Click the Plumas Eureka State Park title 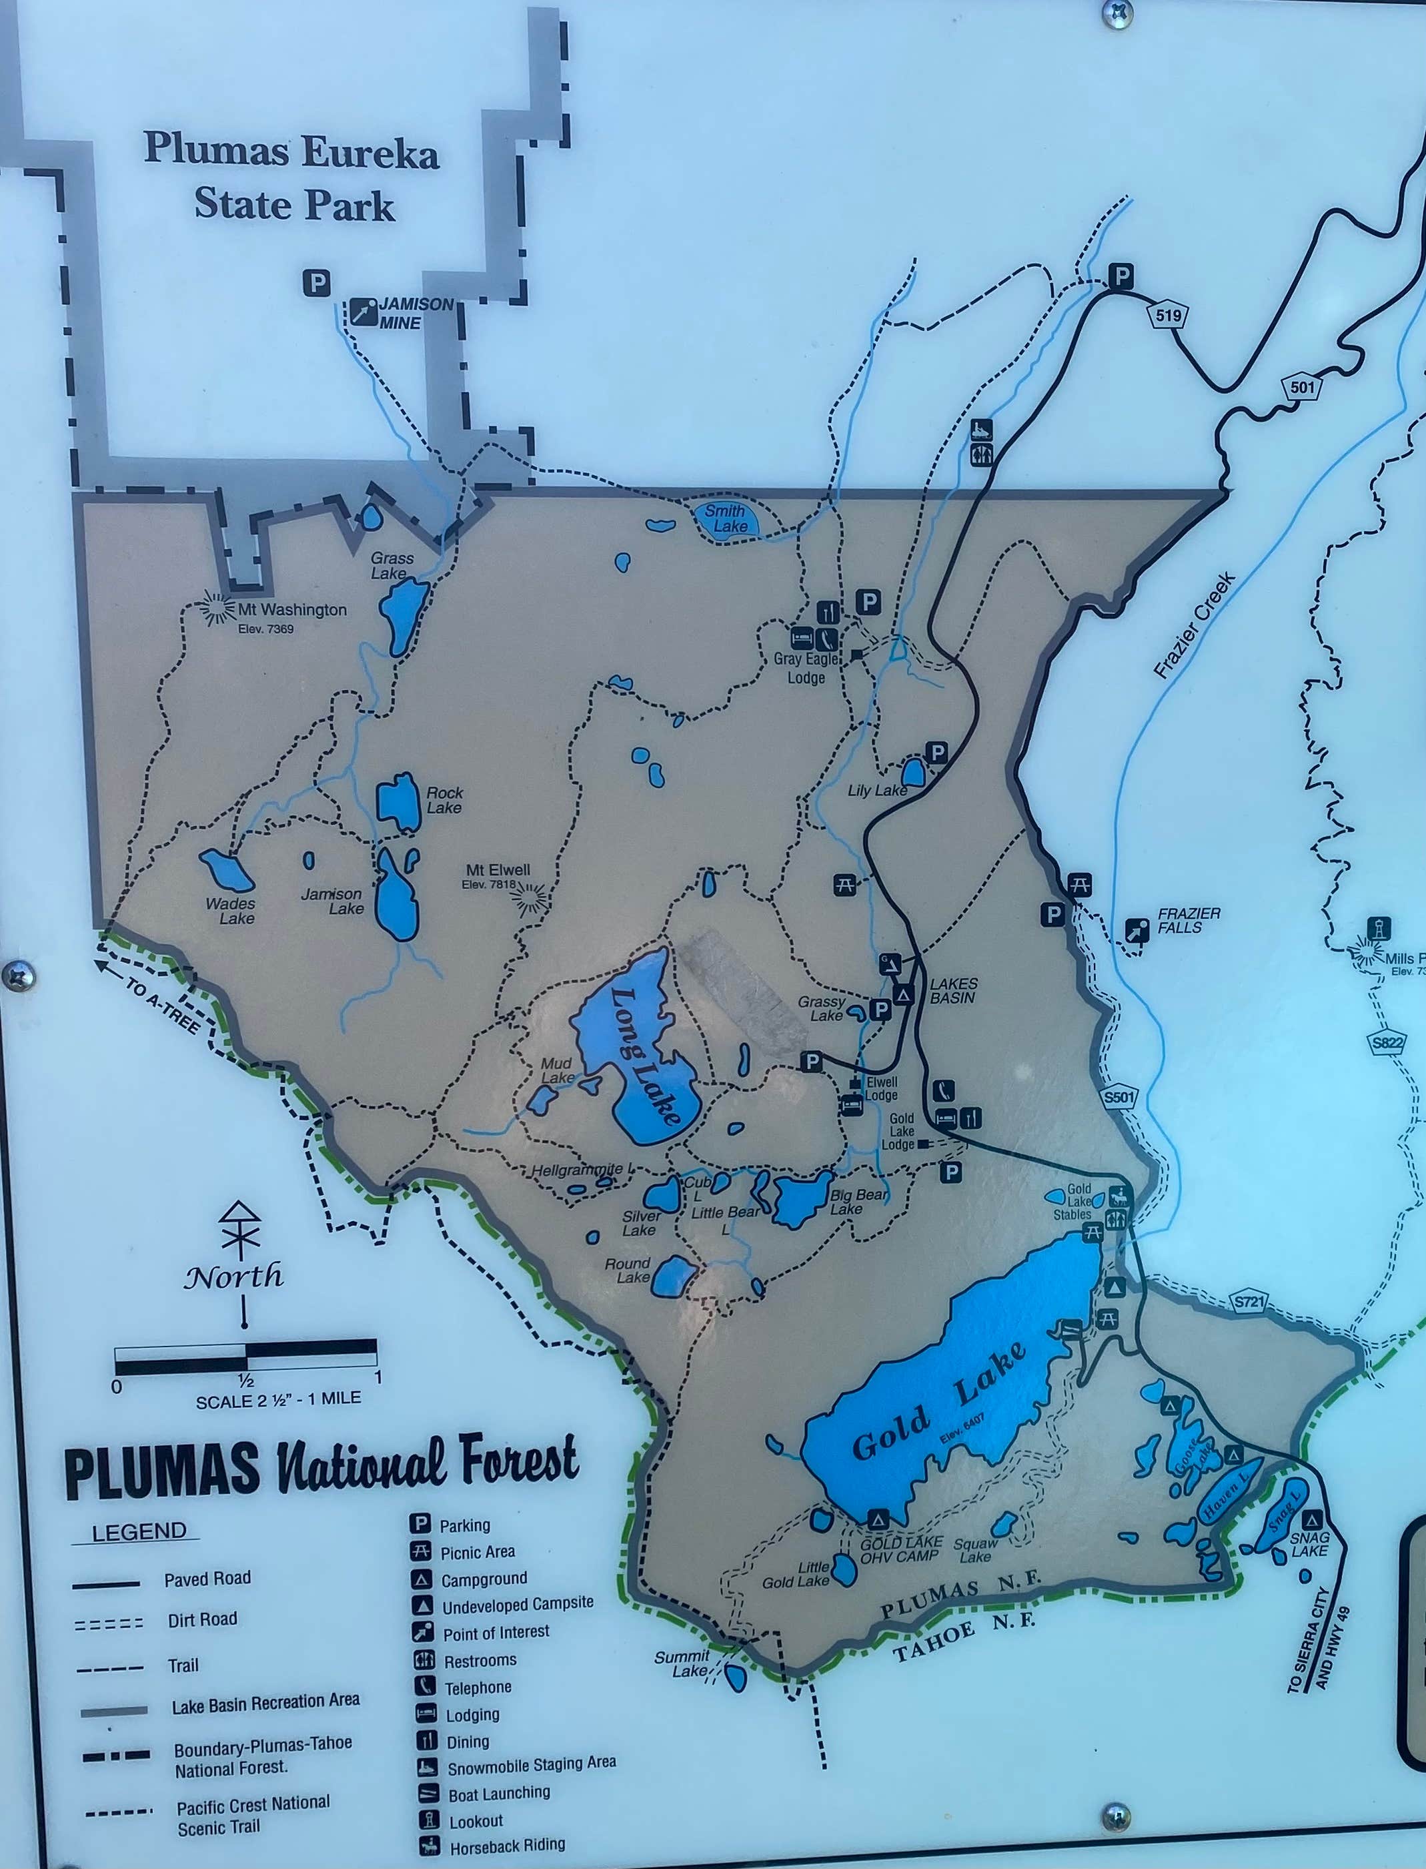293,178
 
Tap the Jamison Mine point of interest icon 364,312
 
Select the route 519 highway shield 1168,316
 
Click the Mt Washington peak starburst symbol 217,608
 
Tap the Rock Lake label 444,799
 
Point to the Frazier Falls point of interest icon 1137,931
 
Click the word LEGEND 138,1532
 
